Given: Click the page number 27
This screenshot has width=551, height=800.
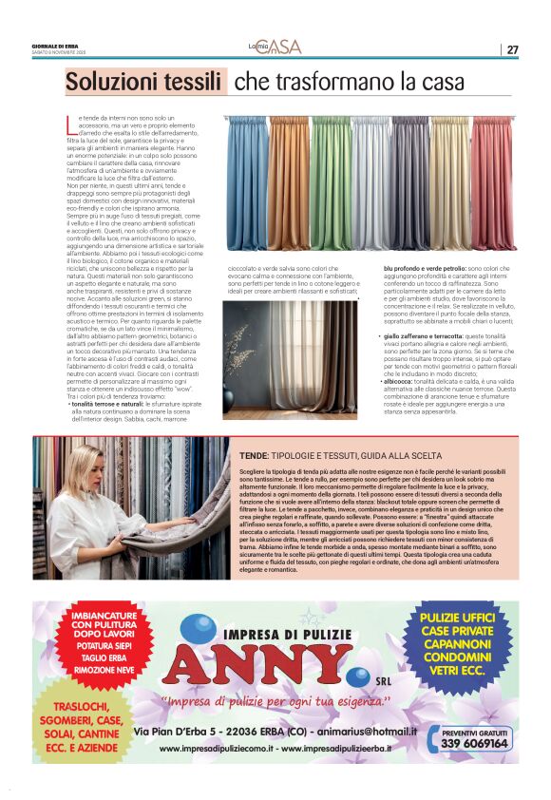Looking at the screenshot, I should click(513, 49).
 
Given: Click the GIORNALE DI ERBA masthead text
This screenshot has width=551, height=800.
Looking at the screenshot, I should click(55, 46).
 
